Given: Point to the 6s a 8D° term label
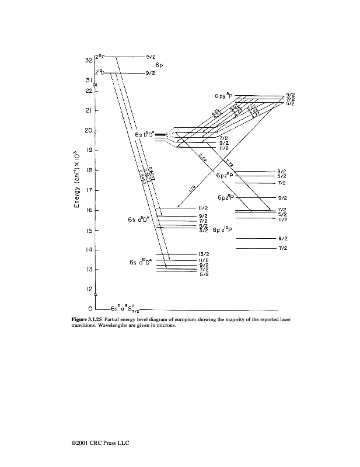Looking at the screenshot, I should [x=139, y=219].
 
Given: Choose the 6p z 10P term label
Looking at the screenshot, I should [x=219, y=229].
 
